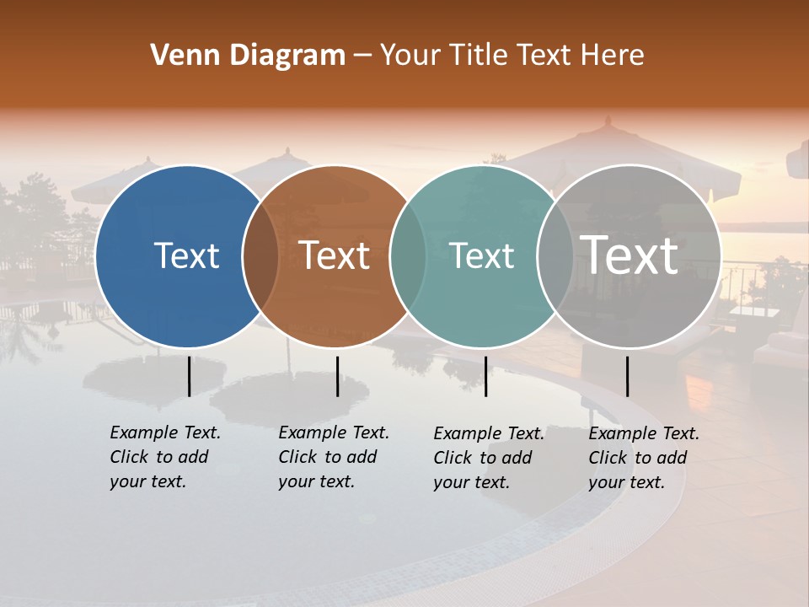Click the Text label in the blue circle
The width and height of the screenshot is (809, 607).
(x=186, y=255)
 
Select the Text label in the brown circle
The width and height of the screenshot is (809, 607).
(x=334, y=255)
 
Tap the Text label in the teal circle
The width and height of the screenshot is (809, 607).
(x=481, y=255)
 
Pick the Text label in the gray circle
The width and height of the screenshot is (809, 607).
(x=630, y=255)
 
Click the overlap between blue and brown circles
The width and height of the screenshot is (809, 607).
(x=260, y=256)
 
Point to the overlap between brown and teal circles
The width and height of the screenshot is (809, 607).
(x=408, y=256)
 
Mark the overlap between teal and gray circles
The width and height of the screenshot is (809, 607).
(x=555, y=256)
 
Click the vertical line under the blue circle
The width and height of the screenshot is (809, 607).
(x=189, y=376)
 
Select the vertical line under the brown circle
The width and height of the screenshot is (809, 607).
(x=337, y=376)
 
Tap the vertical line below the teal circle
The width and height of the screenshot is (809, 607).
(x=485, y=376)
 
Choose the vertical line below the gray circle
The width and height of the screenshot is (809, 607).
(x=627, y=376)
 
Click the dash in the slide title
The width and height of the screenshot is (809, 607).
(x=362, y=56)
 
